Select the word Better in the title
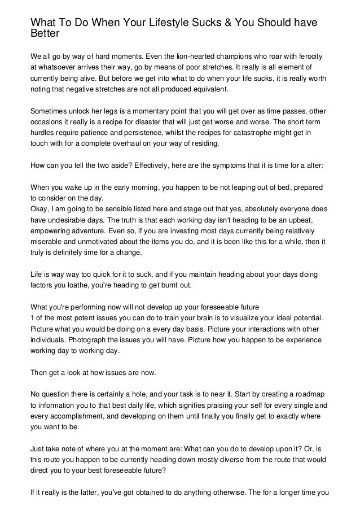pos(45,33)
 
